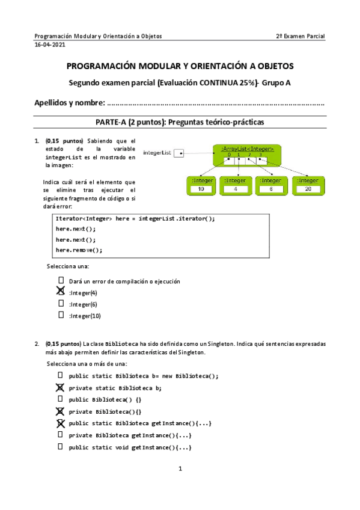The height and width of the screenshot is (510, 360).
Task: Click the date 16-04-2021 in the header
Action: click(50, 45)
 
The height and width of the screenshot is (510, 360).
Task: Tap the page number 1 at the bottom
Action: click(180, 469)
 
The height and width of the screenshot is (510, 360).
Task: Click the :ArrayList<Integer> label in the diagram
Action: click(247, 149)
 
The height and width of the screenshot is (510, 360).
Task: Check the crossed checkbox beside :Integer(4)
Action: click(61, 292)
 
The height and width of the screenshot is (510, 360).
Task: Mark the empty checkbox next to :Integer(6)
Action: click(61, 303)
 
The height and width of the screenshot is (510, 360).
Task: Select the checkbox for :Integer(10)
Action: click(61, 315)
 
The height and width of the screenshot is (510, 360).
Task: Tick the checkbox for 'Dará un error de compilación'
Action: click(61, 280)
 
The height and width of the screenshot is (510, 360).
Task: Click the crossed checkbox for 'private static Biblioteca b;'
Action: click(60, 388)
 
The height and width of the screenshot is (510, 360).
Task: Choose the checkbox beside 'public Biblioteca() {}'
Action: click(60, 399)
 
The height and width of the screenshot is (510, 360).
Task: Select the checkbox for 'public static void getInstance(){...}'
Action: click(60, 447)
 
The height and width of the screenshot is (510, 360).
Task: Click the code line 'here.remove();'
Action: click(79, 250)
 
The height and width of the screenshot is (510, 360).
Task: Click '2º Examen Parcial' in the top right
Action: click(300, 36)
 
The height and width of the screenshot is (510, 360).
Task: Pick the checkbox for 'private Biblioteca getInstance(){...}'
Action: click(60, 435)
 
